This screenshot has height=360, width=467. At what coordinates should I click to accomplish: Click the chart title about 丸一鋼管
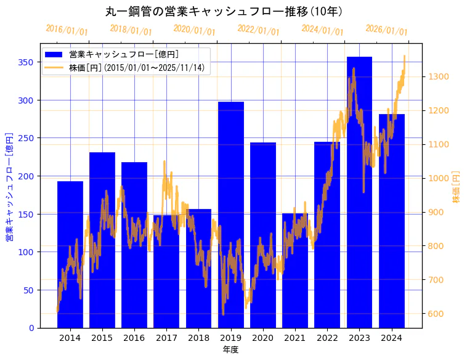click(x=224, y=11)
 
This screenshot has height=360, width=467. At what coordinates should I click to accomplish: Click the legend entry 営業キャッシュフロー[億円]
click(x=124, y=54)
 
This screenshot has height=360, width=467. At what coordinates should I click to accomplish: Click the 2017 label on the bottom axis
click(x=166, y=338)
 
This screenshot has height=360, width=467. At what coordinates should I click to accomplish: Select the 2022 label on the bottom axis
click(x=327, y=338)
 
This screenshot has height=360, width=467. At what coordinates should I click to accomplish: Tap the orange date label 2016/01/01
click(x=67, y=30)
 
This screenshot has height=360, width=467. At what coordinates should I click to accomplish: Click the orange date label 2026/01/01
click(x=386, y=30)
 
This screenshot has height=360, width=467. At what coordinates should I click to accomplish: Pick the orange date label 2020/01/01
click(x=194, y=30)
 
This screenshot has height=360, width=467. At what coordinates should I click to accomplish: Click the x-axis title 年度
click(x=230, y=350)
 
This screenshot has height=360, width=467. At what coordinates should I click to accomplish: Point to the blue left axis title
click(x=9, y=186)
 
